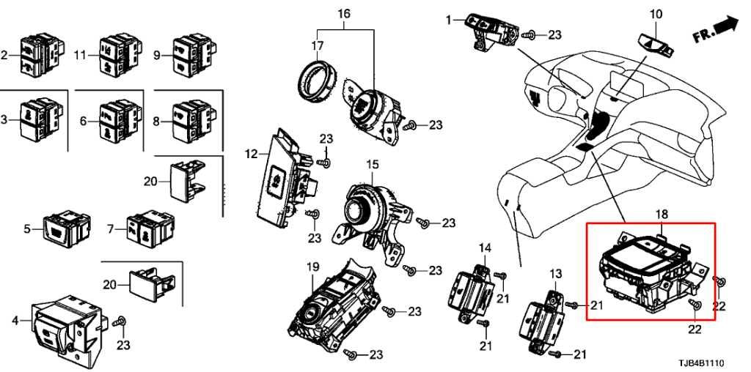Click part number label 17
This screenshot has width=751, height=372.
point(317,46)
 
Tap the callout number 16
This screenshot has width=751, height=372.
point(345,13)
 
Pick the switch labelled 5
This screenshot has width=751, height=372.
point(67,229)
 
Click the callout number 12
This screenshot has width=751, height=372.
point(251,154)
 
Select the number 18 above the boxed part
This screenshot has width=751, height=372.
point(662,215)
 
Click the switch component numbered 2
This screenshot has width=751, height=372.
point(42,53)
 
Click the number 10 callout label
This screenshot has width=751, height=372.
point(656,14)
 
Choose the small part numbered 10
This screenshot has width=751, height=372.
point(656,43)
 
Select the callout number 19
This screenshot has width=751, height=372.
point(312,267)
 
